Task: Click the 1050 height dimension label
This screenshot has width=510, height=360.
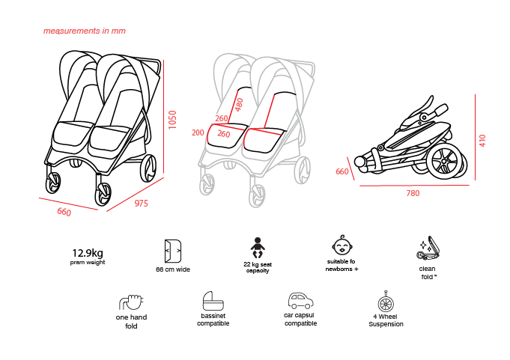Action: [172, 120]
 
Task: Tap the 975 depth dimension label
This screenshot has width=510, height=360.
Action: [141, 204]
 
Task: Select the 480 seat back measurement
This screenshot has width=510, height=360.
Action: [239, 105]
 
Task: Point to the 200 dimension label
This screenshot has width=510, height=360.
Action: [198, 132]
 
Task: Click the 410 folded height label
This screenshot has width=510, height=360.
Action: [482, 141]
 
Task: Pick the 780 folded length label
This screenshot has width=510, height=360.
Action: [413, 193]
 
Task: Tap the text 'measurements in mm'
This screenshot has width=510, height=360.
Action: [85, 31]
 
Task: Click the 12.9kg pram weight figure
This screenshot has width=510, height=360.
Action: [88, 253]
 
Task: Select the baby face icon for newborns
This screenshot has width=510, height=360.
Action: [342, 245]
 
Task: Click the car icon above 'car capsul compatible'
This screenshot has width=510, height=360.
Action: [300, 301]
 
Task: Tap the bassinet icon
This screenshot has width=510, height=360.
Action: [213, 301]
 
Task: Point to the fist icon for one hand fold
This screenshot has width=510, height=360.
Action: [131, 302]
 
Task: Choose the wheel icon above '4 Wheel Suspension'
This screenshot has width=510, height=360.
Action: [386, 302]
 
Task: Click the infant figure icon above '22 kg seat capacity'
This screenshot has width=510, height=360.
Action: [258, 248]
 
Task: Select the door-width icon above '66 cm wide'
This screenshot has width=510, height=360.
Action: [173, 251]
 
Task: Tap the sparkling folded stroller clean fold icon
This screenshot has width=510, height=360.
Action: [428, 248]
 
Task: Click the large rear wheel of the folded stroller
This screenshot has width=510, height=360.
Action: [445, 162]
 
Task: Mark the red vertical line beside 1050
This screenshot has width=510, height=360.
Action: [163, 116]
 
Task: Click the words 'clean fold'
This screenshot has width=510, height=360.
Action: [428, 273]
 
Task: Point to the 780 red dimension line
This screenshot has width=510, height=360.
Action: [414, 186]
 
